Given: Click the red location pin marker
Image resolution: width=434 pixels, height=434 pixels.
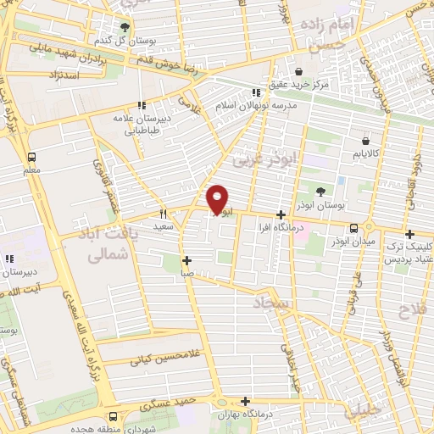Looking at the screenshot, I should pos(218,198).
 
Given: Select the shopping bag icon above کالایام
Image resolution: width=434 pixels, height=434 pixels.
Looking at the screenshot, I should pos(364,142).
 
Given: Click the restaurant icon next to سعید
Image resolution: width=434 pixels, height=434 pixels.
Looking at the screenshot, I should pos(164,215).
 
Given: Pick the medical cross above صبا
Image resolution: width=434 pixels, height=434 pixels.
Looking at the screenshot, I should pos(186,260).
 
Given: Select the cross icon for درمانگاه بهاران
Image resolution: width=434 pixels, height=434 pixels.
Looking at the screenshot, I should pos(246,402).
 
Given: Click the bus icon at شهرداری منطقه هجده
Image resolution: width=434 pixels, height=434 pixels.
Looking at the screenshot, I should pos(114,416).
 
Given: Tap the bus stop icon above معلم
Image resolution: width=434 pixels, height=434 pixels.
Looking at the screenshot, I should pos(31,158).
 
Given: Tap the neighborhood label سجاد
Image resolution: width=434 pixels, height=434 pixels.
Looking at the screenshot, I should pos(271,303).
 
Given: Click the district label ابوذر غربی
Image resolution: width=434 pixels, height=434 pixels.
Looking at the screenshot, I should pos(254,159).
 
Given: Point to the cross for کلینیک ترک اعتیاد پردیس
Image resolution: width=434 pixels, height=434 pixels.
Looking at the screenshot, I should pos(409,234).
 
